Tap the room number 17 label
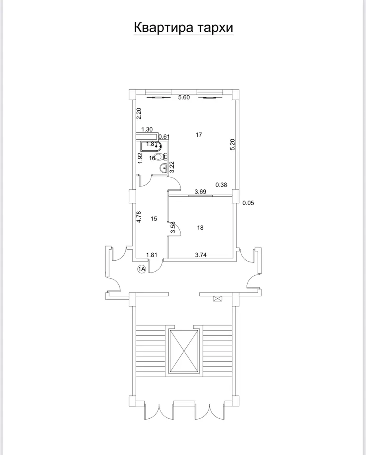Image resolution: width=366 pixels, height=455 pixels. click(199, 135)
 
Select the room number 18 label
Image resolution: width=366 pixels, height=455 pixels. click(200, 228)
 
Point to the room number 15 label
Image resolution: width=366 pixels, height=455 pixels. click(154, 219)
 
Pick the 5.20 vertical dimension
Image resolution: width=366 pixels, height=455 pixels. click(233, 145)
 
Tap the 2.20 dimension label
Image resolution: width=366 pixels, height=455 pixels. click(138, 113)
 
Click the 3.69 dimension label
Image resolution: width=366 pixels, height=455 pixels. click(201, 191)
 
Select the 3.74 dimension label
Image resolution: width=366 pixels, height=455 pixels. click(201, 255)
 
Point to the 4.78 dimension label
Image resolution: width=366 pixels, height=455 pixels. click(139, 216)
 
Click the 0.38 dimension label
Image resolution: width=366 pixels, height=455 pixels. click(221, 185)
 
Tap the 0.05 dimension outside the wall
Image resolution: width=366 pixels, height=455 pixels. click(248, 203)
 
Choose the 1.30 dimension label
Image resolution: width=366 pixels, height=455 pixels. click(147, 130)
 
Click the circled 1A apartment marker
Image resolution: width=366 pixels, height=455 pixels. click(142, 269)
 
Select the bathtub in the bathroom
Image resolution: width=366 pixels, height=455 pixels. click(151, 146)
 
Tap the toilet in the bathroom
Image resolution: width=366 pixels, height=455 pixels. click(160, 156)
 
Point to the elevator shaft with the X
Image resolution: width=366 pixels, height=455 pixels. click(185, 350)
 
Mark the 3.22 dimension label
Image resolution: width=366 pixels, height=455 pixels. click(172, 167)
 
